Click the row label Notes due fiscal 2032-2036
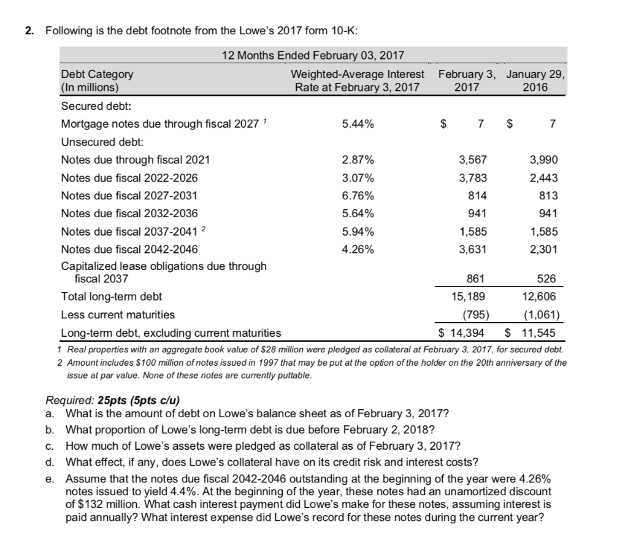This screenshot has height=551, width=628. click(x=129, y=214)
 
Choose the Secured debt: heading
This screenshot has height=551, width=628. click(x=90, y=106)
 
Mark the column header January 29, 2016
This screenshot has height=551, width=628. click(x=535, y=81)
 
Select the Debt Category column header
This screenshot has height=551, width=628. click(x=97, y=74)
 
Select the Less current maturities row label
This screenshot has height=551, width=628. click(x=118, y=315)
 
